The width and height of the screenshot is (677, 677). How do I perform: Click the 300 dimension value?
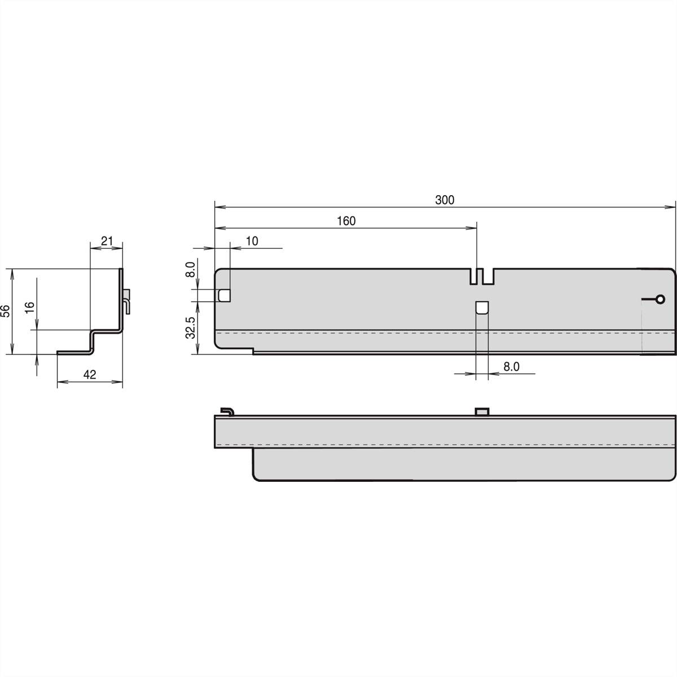coord(445,200)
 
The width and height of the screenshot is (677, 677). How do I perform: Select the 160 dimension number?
coord(346,221)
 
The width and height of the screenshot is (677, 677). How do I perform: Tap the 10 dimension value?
coord(252,241)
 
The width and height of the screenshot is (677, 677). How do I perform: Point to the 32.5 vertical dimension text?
coord(190,327)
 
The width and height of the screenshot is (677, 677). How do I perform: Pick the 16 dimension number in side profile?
coord(30,306)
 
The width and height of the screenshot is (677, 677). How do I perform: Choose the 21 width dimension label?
coord(107,241)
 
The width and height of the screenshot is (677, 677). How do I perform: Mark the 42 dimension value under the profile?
coord(90,374)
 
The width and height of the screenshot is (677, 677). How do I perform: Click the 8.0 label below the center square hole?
coord(511,367)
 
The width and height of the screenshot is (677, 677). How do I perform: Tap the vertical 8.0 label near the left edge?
coord(190,269)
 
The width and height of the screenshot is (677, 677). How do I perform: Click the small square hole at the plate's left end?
coord(224,294)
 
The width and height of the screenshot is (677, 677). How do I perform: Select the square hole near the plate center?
coord(482,307)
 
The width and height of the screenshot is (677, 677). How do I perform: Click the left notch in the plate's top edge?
coord(473,276)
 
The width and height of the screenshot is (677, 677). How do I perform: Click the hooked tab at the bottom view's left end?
coord(227,410)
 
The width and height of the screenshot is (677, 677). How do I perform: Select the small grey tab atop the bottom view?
coord(482,411)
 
